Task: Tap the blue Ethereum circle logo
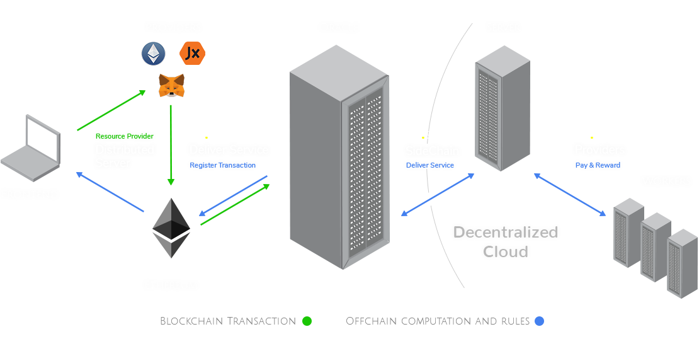pos(153,54)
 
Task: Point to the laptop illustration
pos(30,149)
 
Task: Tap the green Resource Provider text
pos(124,136)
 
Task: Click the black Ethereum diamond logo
pos(171,228)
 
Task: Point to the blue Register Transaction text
pos(223,165)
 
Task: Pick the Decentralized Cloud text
pos(506,241)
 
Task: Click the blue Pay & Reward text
pos(598,165)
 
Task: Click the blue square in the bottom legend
pos(539,321)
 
